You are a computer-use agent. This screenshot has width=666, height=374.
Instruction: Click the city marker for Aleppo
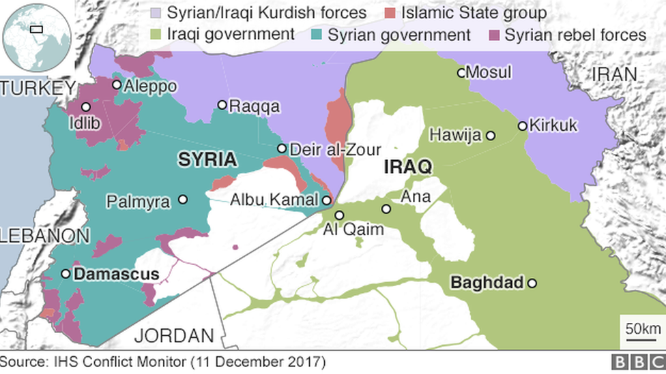coord(117,85)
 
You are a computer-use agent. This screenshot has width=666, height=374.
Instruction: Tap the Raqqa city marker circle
coord(222,105)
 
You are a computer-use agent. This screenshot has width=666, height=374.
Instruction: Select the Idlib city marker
coord(86,107)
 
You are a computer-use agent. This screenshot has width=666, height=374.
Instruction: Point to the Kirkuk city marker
coord(522,125)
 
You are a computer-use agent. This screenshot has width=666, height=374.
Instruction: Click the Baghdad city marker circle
coord(532,283)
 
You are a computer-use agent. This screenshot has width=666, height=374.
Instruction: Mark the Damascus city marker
coord(66,274)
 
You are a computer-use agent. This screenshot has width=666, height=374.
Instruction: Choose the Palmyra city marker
coord(183,200)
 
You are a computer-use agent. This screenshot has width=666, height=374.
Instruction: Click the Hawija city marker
coord(490,136)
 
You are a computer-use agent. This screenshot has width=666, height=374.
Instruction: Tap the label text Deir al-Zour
coord(334,149)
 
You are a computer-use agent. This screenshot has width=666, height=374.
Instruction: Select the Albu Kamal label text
coord(274,200)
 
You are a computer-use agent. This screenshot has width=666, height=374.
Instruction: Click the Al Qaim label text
coord(353,230)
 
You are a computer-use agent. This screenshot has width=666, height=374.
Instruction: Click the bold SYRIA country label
coord(207,160)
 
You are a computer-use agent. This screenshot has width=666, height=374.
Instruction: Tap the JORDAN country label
coord(174,335)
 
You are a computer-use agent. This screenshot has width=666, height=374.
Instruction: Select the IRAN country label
coord(614,74)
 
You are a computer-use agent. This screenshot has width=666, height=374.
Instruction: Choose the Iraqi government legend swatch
coord(154,35)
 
